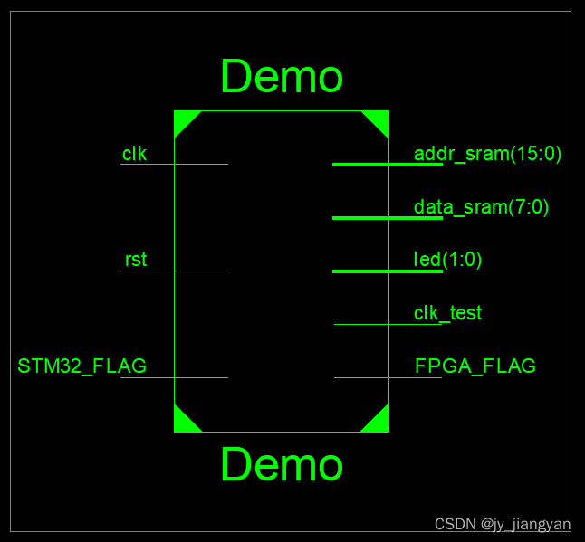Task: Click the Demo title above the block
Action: point(282,77)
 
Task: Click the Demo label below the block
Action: point(282,465)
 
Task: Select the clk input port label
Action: point(135,154)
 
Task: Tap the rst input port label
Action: point(136,261)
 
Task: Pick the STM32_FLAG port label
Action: point(82,366)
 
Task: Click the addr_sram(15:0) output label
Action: point(487,154)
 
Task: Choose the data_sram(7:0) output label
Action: point(481,207)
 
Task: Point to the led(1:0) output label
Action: point(447,260)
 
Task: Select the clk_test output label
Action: point(447,313)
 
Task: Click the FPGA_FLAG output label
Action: point(475,366)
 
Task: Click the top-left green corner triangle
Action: point(182,119)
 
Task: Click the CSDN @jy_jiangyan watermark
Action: point(503,525)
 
